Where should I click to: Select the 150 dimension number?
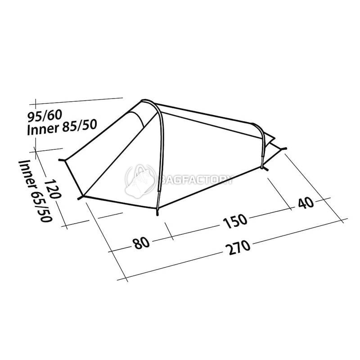[x=234, y=220]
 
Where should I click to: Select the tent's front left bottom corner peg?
[x=81, y=197]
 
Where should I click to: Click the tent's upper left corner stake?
[x=61, y=159]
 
